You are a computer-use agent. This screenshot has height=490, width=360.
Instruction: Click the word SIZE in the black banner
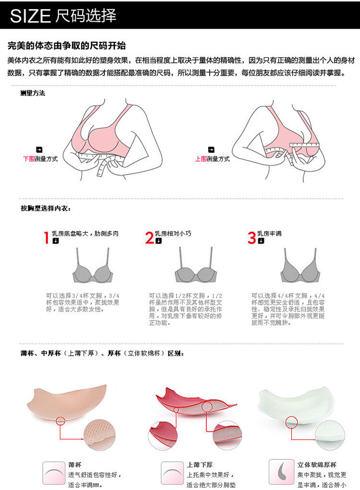(30, 16)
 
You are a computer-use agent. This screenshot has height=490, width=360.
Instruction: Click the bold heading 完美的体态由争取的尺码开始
(67, 46)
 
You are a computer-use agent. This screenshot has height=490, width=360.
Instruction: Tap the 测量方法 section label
(33, 93)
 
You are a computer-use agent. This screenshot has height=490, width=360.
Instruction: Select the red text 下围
(28, 159)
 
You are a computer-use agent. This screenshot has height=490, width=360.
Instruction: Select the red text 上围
(201, 159)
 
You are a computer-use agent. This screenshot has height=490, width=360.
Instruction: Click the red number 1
(47, 237)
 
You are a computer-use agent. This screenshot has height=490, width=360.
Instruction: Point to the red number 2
(149, 237)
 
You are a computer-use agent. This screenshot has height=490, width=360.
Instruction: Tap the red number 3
(252, 237)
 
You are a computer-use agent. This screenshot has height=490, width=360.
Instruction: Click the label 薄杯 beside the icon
(75, 465)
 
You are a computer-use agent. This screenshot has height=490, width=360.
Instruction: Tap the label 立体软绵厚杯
(317, 465)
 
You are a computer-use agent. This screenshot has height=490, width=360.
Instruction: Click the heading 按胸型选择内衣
(46, 209)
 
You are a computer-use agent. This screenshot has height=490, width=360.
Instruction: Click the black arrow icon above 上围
(212, 150)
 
